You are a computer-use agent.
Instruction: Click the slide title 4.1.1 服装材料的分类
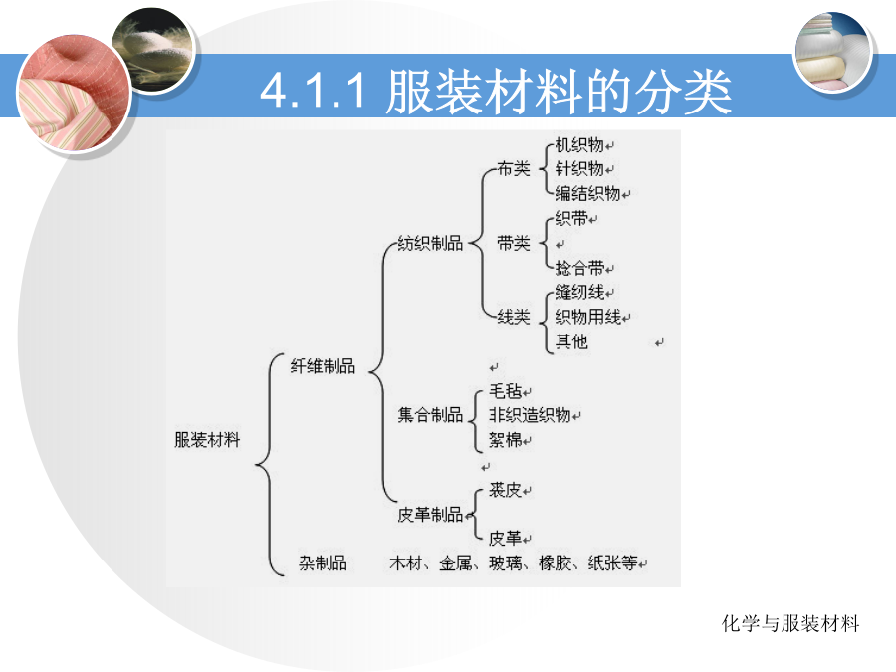496,91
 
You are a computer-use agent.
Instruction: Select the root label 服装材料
207,439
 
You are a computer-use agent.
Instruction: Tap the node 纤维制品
323,365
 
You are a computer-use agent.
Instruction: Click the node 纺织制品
430,243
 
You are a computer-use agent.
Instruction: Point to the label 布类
513,168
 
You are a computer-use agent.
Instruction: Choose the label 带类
513,243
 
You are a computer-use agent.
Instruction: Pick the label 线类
513,316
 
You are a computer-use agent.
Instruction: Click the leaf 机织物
578,144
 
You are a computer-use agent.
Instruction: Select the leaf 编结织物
587,193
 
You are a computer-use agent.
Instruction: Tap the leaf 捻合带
578,268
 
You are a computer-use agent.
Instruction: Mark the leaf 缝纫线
578,292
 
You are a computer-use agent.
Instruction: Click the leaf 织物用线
587,316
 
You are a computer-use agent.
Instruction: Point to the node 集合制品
430,414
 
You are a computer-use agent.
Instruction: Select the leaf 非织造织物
530,414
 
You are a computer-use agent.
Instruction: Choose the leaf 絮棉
505,439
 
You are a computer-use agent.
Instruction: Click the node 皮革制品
430,514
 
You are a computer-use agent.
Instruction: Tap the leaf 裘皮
505,489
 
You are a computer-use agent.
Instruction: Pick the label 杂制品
323,562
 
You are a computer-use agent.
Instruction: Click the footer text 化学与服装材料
790,623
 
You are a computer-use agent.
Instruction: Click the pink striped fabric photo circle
75,94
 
